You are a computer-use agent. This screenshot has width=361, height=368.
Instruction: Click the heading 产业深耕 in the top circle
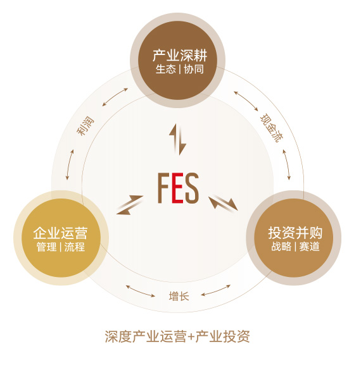click(180, 56)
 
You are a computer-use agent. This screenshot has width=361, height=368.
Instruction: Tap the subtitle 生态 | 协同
click(180, 69)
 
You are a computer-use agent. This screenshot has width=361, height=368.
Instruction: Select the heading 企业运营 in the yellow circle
click(60, 233)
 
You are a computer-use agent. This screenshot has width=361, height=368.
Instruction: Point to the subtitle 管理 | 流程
click(61, 247)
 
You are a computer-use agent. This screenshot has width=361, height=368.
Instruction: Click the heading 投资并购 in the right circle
click(295, 233)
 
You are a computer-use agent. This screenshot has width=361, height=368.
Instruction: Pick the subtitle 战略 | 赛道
click(295, 247)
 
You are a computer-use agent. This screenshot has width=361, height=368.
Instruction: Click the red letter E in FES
click(177, 188)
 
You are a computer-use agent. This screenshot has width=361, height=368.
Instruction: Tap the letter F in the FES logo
click(163, 188)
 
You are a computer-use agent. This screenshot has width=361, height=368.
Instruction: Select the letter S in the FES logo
click(192, 188)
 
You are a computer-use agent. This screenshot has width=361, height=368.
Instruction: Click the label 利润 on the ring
click(85, 126)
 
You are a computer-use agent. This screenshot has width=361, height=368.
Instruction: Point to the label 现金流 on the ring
click(272, 128)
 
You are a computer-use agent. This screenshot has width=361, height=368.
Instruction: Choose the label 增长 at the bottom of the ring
click(179, 296)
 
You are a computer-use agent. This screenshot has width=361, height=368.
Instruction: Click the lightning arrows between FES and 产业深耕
click(178, 139)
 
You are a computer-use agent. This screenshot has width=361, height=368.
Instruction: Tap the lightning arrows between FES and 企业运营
click(130, 205)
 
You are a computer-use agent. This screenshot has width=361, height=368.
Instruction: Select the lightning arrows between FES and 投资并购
click(224, 202)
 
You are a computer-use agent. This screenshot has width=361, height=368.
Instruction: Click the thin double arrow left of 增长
click(141, 291)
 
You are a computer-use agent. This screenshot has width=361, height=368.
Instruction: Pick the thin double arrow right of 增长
click(216, 291)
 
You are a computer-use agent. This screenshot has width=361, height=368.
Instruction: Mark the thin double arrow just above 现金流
click(246, 101)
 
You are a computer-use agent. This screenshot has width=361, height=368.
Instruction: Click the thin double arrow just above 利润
click(115, 97)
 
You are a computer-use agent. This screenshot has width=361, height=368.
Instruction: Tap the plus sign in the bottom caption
click(192, 337)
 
